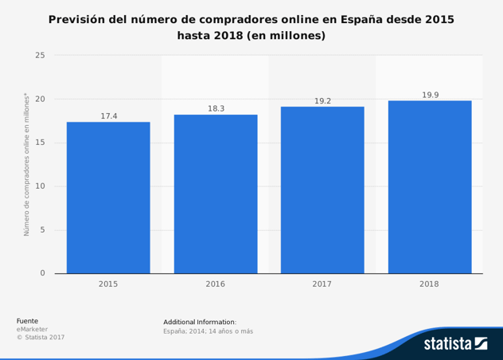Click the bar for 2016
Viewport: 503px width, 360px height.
tap(216, 194)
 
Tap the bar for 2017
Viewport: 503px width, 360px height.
tap(322, 190)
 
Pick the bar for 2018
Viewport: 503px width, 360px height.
tap(430, 187)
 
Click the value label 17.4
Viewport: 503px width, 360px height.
tap(108, 116)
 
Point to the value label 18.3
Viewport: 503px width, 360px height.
tap(216, 108)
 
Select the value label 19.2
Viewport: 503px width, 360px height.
tap(322, 101)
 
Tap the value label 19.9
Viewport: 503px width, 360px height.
tap(430, 95)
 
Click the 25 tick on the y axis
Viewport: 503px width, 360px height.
tap(40, 56)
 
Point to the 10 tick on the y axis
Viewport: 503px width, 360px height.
tap(40, 186)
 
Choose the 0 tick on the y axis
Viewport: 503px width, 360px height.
tap(42, 273)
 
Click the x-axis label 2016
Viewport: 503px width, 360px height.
tap(216, 284)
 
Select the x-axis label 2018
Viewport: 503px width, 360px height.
tap(430, 284)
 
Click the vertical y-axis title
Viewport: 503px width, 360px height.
tap(26, 165)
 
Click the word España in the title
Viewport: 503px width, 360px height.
tap(361, 18)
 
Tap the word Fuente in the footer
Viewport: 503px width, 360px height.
tap(27, 321)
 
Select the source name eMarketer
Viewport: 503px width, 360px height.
tap(32, 329)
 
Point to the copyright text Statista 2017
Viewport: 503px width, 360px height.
tap(41, 337)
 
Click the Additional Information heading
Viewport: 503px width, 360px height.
tap(200, 322)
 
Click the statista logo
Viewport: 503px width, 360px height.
tap(454, 343)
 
